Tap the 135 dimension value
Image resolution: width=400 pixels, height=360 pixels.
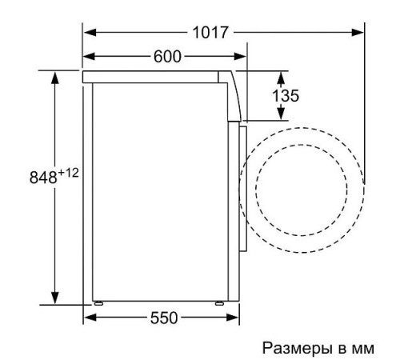[x=286, y=96]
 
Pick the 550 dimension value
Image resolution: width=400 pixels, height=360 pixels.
[x=163, y=318]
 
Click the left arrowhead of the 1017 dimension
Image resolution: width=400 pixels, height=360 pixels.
[x=90, y=33]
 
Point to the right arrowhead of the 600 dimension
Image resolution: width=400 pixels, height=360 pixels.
[x=239, y=57]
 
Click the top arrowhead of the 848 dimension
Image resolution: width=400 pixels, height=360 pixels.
[x=55, y=77]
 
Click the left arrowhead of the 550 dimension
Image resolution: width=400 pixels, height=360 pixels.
[x=90, y=318]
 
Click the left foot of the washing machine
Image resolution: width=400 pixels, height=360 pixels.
[x=98, y=303]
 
